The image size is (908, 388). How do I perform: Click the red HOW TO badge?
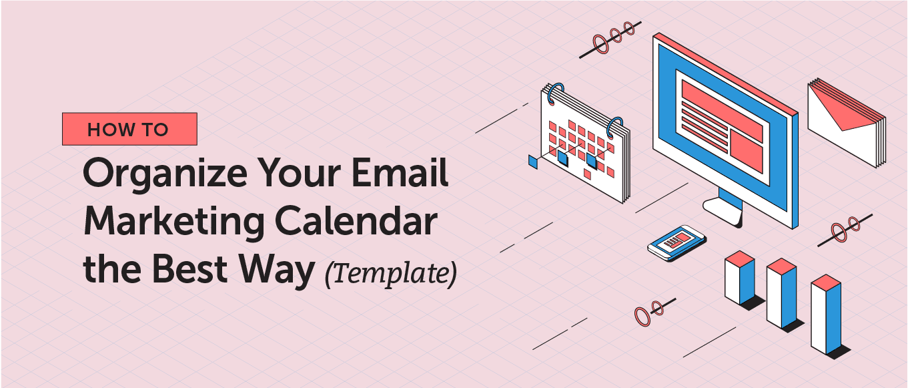coord(129,129)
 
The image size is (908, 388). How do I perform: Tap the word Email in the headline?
coord(400,172)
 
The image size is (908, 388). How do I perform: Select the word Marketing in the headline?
coord(174,223)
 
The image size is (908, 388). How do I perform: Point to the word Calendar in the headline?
coord(356,220)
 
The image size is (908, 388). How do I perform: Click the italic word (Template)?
coord(391,274)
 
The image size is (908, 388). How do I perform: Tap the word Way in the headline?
coord(276,270)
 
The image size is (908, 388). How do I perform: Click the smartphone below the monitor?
coord(676,242)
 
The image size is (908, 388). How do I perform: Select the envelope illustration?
coord(847,123)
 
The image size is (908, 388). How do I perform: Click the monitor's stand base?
coord(723,211)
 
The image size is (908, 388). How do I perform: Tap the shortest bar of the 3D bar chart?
coord(740,278)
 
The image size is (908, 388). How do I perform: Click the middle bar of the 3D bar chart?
coord(782,293)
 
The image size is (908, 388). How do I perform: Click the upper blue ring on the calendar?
coord(554,93)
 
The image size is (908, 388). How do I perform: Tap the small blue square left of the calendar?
coord(533,161)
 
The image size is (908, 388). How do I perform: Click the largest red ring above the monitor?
coord(600,44)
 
